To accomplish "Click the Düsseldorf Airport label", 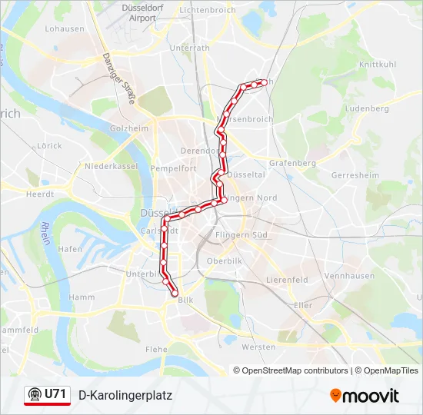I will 138,12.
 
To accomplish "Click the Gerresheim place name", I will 355,175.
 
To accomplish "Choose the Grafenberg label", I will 293,163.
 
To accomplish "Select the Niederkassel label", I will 110,166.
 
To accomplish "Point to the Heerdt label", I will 40,194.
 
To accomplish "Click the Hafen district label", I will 70,249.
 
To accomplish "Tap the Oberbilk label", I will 224,261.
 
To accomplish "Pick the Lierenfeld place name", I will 286,280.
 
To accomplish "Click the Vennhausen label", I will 349,275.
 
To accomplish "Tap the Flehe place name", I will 156,349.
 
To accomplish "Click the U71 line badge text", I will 55,394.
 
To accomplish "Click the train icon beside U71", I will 35,395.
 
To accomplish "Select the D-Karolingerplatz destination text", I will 125,395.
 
